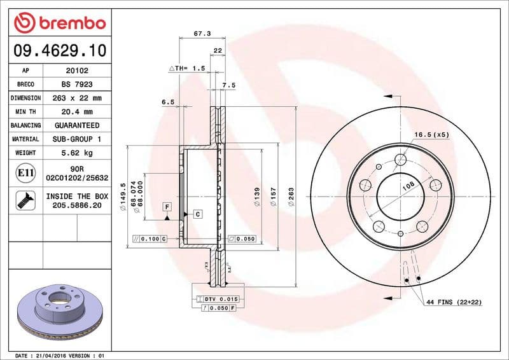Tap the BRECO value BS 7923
(x=76, y=85)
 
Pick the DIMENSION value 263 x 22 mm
(x=76, y=98)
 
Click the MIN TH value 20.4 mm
(x=76, y=112)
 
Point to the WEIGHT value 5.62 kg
(x=76, y=153)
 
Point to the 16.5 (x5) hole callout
(x=432, y=134)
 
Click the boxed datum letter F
(x=167, y=207)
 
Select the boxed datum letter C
(x=197, y=214)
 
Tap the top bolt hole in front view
(x=400, y=160)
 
